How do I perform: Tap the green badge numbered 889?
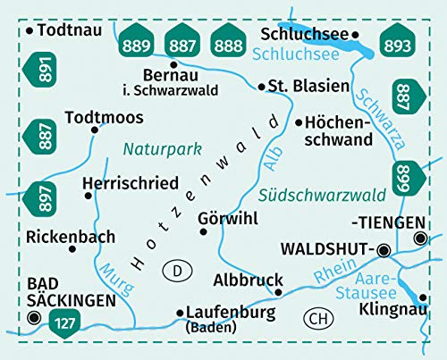coord(137,43)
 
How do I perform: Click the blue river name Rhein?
coord(329,272)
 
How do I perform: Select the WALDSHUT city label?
coord(325,249)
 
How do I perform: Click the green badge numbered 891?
coord(40,70)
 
